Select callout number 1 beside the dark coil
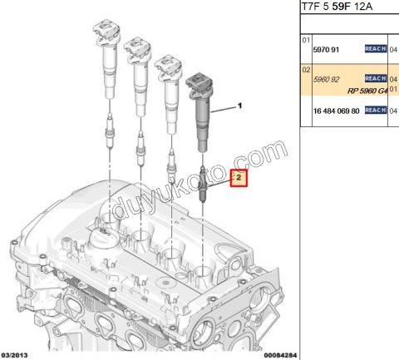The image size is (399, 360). point(241,106)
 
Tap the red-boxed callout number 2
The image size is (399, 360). point(239,178)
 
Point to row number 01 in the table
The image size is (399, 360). point(305,39)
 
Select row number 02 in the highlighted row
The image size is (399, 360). point(305,70)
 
